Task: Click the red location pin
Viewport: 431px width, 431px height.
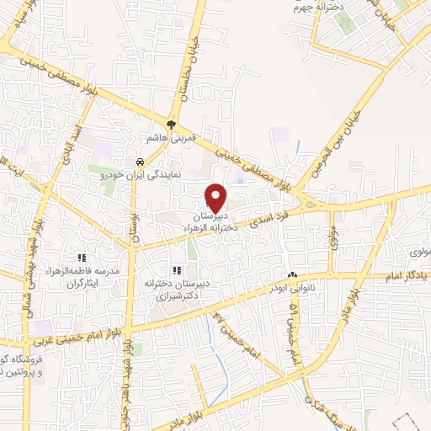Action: tap(216, 197)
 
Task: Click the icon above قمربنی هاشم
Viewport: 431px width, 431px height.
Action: tap(172, 125)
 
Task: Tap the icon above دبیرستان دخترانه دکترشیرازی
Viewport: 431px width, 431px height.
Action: tap(177, 270)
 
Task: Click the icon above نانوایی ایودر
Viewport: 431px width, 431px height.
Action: tap(292, 275)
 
